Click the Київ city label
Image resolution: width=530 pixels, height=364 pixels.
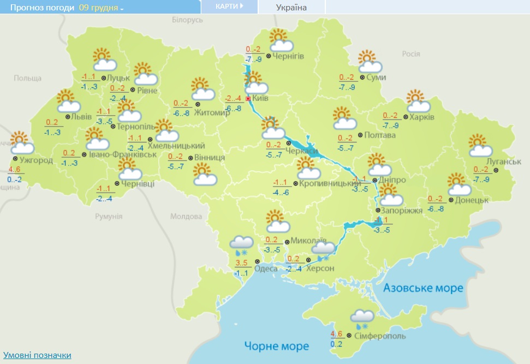tap(261, 99)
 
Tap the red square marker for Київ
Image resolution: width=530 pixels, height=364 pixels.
tap(248, 99)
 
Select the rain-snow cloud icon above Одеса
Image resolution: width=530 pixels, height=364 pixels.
tap(241, 246)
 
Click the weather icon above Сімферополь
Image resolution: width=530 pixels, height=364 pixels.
tap(362, 319)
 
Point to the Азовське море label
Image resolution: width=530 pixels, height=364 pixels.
tap(423, 288)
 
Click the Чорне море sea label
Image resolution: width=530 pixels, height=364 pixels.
tap(277, 346)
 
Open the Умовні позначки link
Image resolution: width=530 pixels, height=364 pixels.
tap(37, 355)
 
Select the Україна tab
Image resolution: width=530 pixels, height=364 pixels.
tap(291, 7)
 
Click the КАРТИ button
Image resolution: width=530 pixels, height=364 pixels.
tap(229, 7)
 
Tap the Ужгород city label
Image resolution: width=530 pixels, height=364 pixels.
tap(36, 160)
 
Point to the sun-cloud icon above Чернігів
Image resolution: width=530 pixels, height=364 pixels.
tap(280, 40)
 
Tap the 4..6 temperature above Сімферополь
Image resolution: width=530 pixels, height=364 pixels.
tap(336, 334)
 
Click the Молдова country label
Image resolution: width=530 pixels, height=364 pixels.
tap(186, 217)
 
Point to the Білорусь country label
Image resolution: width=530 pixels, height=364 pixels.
tap(187, 20)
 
